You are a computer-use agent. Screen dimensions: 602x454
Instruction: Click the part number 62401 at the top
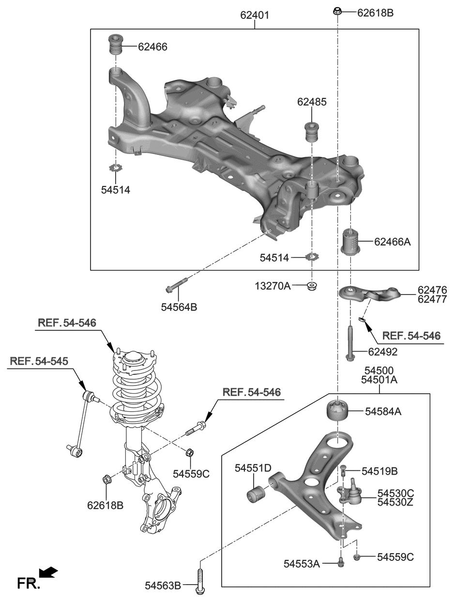coord(255,15)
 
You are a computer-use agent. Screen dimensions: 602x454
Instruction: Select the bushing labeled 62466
coord(116,46)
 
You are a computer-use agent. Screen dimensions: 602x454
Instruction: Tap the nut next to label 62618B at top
coord(338,12)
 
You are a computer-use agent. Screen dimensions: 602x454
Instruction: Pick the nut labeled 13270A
coord(312,285)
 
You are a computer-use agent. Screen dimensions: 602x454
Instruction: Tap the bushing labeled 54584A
coord(338,412)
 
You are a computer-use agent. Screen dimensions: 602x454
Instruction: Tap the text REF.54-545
coord(39,361)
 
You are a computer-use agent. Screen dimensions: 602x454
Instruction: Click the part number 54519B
coord(379,471)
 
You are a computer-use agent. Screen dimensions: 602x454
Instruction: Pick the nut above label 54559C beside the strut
coord(190,453)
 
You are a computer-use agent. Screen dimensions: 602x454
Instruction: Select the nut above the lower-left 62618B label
coord(107,480)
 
